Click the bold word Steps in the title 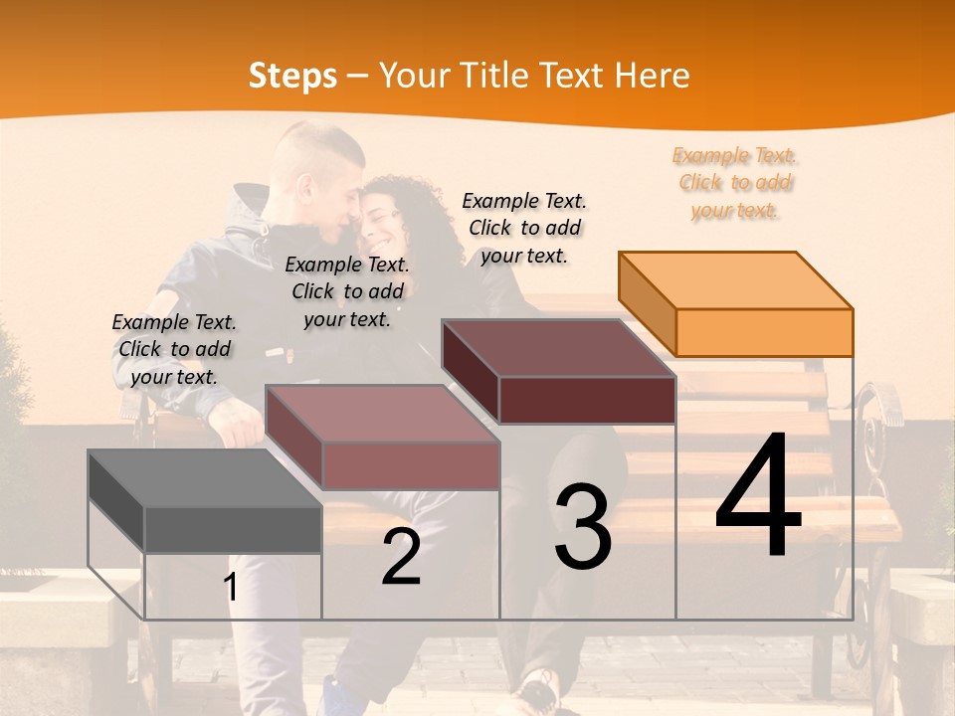292,76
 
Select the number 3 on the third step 582,527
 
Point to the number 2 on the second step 401,558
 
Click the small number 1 231,588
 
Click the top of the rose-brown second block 382,414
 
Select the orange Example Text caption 735,183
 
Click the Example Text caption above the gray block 174,349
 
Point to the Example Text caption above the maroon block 524,228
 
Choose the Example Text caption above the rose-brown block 347,291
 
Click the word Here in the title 652,76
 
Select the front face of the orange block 764,332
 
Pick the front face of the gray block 233,529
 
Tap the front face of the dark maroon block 587,400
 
